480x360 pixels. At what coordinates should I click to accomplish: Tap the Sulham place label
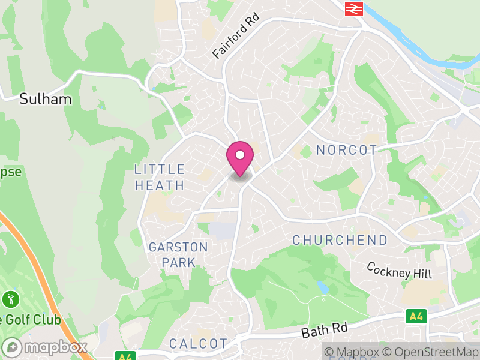click(46, 99)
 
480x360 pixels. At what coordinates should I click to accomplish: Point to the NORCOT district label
click(347, 150)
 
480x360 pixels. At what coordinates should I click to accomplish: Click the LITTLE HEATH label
click(160, 178)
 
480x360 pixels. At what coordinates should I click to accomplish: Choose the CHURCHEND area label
click(340, 240)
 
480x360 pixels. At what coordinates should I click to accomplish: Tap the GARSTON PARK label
click(178, 255)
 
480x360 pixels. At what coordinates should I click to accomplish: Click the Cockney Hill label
click(398, 270)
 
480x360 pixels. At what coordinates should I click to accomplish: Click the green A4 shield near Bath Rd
click(415, 316)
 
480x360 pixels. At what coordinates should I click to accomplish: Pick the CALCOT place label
click(198, 344)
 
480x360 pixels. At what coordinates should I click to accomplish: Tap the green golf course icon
click(10, 298)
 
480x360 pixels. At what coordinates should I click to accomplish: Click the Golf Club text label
click(31, 319)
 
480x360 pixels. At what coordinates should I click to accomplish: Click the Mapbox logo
click(45, 347)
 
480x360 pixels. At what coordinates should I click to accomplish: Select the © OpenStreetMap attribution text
click(431, 352)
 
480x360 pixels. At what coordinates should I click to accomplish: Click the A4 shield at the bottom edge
click(124, 356)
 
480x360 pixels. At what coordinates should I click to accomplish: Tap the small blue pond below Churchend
click(323, 287)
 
